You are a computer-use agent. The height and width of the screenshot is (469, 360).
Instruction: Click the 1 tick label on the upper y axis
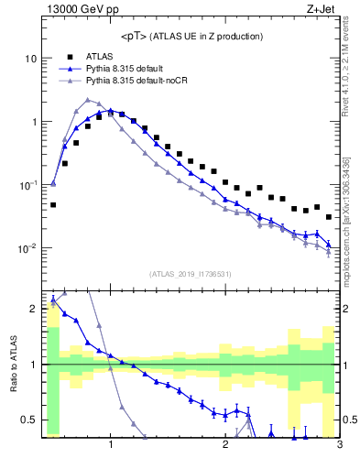pyautogui.click(x=34, y=122)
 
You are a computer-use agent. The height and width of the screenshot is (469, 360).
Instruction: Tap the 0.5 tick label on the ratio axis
pyautogui.click(x=29, y=420)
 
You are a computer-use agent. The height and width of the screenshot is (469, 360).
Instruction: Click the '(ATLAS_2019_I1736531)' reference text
pyautogui.click(x=191, y=273)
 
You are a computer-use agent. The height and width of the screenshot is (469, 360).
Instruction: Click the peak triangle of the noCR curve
pyautogui.click(x=87, y=100)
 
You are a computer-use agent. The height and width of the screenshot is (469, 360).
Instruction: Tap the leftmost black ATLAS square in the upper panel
pyautogui.click(x=53, y=205)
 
